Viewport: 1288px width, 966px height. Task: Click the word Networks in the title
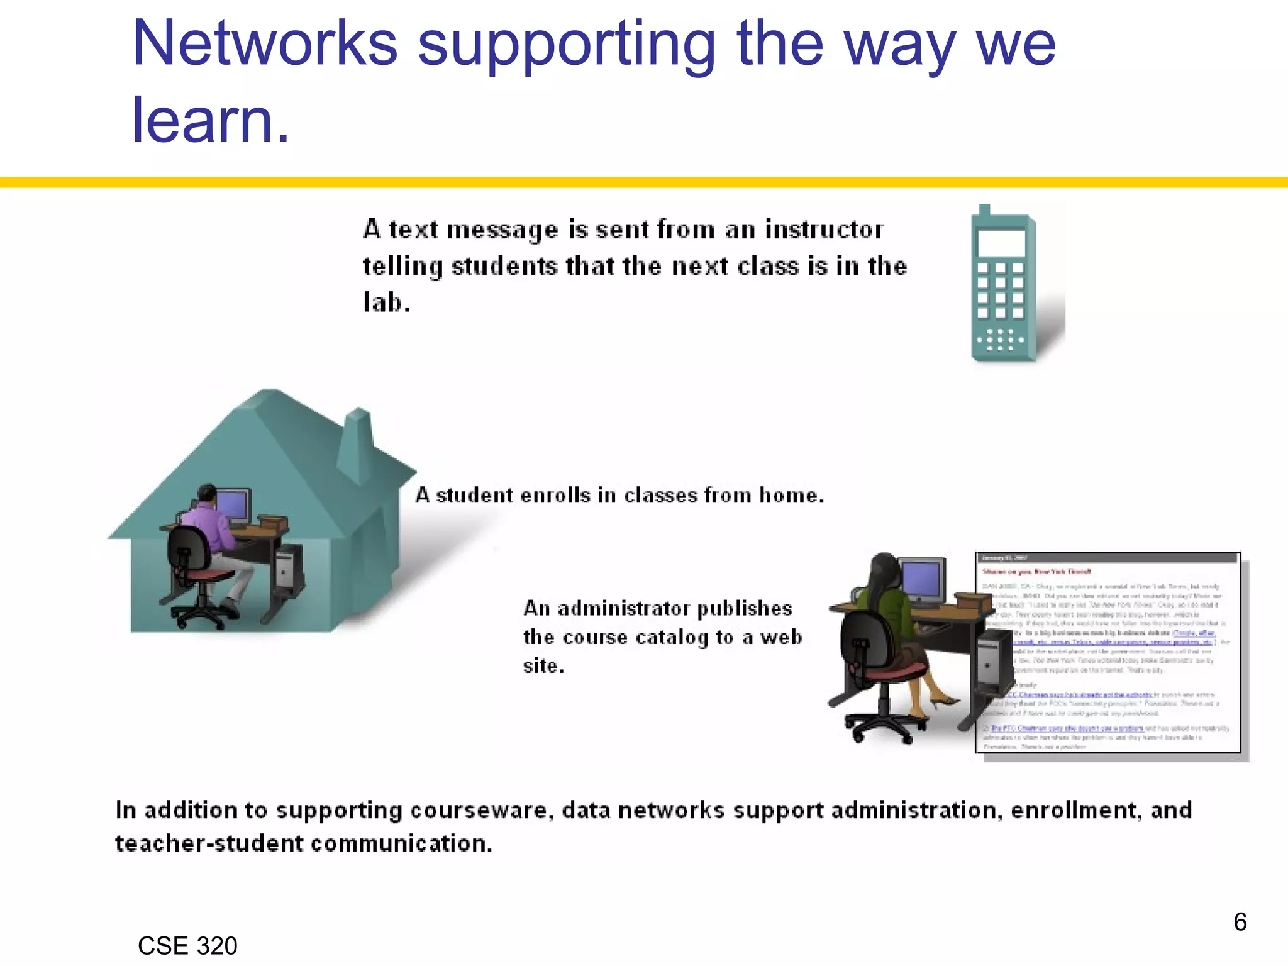pos(265,44)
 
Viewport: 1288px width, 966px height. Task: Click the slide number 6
pos(1240,922)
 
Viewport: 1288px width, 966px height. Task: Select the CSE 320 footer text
pos(187,946)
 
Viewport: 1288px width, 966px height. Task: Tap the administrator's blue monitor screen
pos(921,580)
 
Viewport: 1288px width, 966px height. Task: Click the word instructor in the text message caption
pos(824,230)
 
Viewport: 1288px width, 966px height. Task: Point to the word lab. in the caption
pos(387,303)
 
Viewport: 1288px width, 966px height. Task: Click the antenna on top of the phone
pos(984,209)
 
